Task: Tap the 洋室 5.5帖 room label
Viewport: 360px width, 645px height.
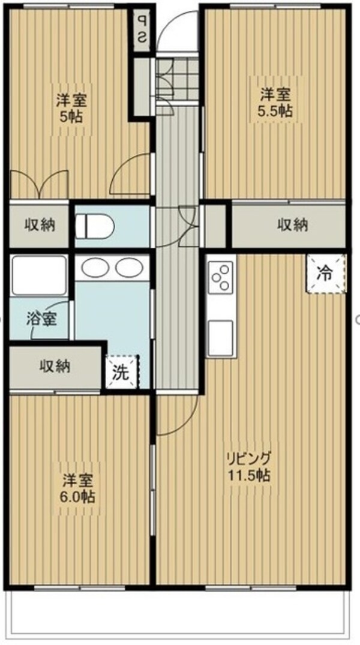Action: [276, 102]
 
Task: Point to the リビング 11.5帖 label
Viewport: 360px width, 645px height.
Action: [247, 466]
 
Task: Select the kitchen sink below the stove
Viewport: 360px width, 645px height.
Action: [220, 337]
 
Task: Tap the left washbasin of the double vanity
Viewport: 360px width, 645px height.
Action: [94, 268]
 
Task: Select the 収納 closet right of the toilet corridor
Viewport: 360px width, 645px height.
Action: [293, 225]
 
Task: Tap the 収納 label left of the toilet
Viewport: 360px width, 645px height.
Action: [40, 225]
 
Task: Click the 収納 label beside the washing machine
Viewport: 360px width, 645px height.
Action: [55, 366]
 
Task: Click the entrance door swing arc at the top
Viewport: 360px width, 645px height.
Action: [177, 30]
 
